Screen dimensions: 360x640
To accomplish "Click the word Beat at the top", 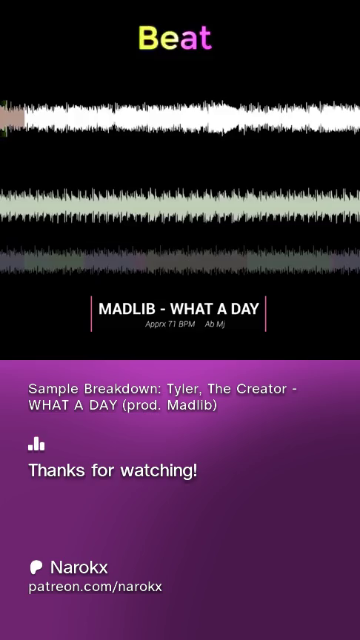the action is pyautogui.click(x=175, y=38).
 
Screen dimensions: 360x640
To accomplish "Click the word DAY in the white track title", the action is pyautogui.click(x=245, y=309).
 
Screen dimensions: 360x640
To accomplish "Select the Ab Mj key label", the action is pyautogui.click(x=215, y=324).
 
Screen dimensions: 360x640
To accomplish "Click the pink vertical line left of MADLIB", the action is pyautogui.click(x=91, y=313).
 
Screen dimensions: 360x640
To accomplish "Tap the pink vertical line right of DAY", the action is pyautogui.click(x=266, y=313).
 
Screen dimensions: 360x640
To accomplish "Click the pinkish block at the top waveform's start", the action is pyautogui.click(x=13, y=118).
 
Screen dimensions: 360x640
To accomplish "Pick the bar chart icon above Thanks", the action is pyautogui.click(x=36, y=444).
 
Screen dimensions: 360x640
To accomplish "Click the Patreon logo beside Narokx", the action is pyautogui.click(x=36, y=567).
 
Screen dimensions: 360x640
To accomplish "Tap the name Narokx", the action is pyautogui.click(x=79, y=567).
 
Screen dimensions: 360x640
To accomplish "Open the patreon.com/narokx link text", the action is pyautogui.click(x=95, y=587).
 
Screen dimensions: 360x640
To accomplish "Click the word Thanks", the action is pyautogui.click(x=57, y=470).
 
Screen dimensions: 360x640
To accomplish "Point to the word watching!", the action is pyautogui.click(x=159, y=470).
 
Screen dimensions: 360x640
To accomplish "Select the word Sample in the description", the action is pyautogui.click(x=54, y=389).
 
